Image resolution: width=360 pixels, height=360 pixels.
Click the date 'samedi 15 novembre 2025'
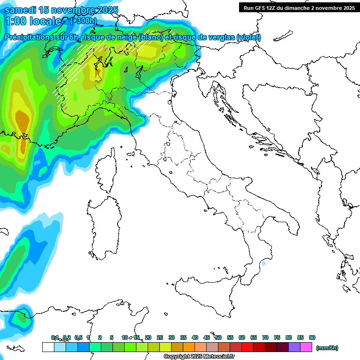[61, 10]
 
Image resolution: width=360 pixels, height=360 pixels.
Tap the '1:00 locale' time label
[35, 21]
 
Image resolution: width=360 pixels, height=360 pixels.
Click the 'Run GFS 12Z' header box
[298, 7]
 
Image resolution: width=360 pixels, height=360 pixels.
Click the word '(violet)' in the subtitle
[248, 37]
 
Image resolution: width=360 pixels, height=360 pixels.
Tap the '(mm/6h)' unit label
[327, 348]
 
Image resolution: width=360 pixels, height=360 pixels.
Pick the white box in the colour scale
[48, 347]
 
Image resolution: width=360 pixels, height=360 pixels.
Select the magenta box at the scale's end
[306, 347]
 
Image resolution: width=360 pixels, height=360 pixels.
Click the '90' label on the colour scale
[312, 337]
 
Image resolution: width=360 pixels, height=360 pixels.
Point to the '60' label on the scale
[242, 337]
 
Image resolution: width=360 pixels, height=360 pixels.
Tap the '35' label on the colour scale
[183, 337]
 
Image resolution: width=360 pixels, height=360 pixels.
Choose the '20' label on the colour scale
[148, 337]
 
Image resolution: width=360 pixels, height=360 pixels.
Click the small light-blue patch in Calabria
[264, 264]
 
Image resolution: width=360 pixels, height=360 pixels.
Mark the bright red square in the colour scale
[247, 347]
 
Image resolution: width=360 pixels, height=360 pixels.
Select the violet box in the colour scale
[294, 347]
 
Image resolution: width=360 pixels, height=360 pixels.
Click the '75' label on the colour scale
[277, 337]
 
